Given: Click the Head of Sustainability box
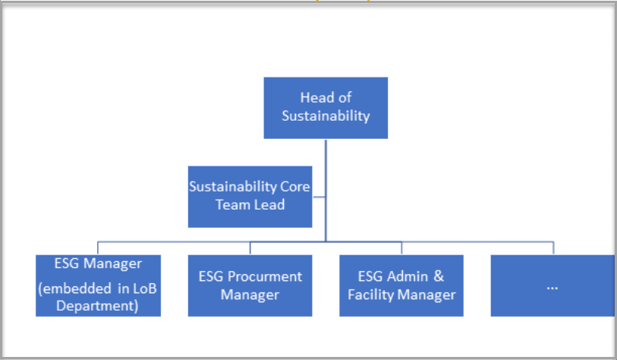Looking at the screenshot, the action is click(x=326, y=108).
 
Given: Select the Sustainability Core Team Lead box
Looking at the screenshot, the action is click(x=250, y=197).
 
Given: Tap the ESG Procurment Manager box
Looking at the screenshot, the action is click(x=250, y=286).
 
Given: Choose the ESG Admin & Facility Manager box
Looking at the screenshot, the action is click(x=401, y=286).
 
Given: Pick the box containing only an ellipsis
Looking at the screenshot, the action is click(x=552, y=286).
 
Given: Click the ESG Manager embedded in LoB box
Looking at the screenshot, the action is click(x=98, y=286).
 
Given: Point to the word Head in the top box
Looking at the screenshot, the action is click(x=313, y=97).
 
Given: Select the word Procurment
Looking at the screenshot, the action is click(x=265, y=276).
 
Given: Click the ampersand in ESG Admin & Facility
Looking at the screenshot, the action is click(x=439, y=276).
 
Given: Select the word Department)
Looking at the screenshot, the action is click(x=97, y=306).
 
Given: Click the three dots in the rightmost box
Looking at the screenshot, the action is click(x=552, y=289).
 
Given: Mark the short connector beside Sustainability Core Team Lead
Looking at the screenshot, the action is click(x=319, y=197).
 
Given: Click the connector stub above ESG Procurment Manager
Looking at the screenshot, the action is click(x=250, y=248).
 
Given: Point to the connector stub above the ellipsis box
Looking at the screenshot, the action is click(x=553, y=248).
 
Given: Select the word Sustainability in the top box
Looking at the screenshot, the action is click(x=326, y=115).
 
